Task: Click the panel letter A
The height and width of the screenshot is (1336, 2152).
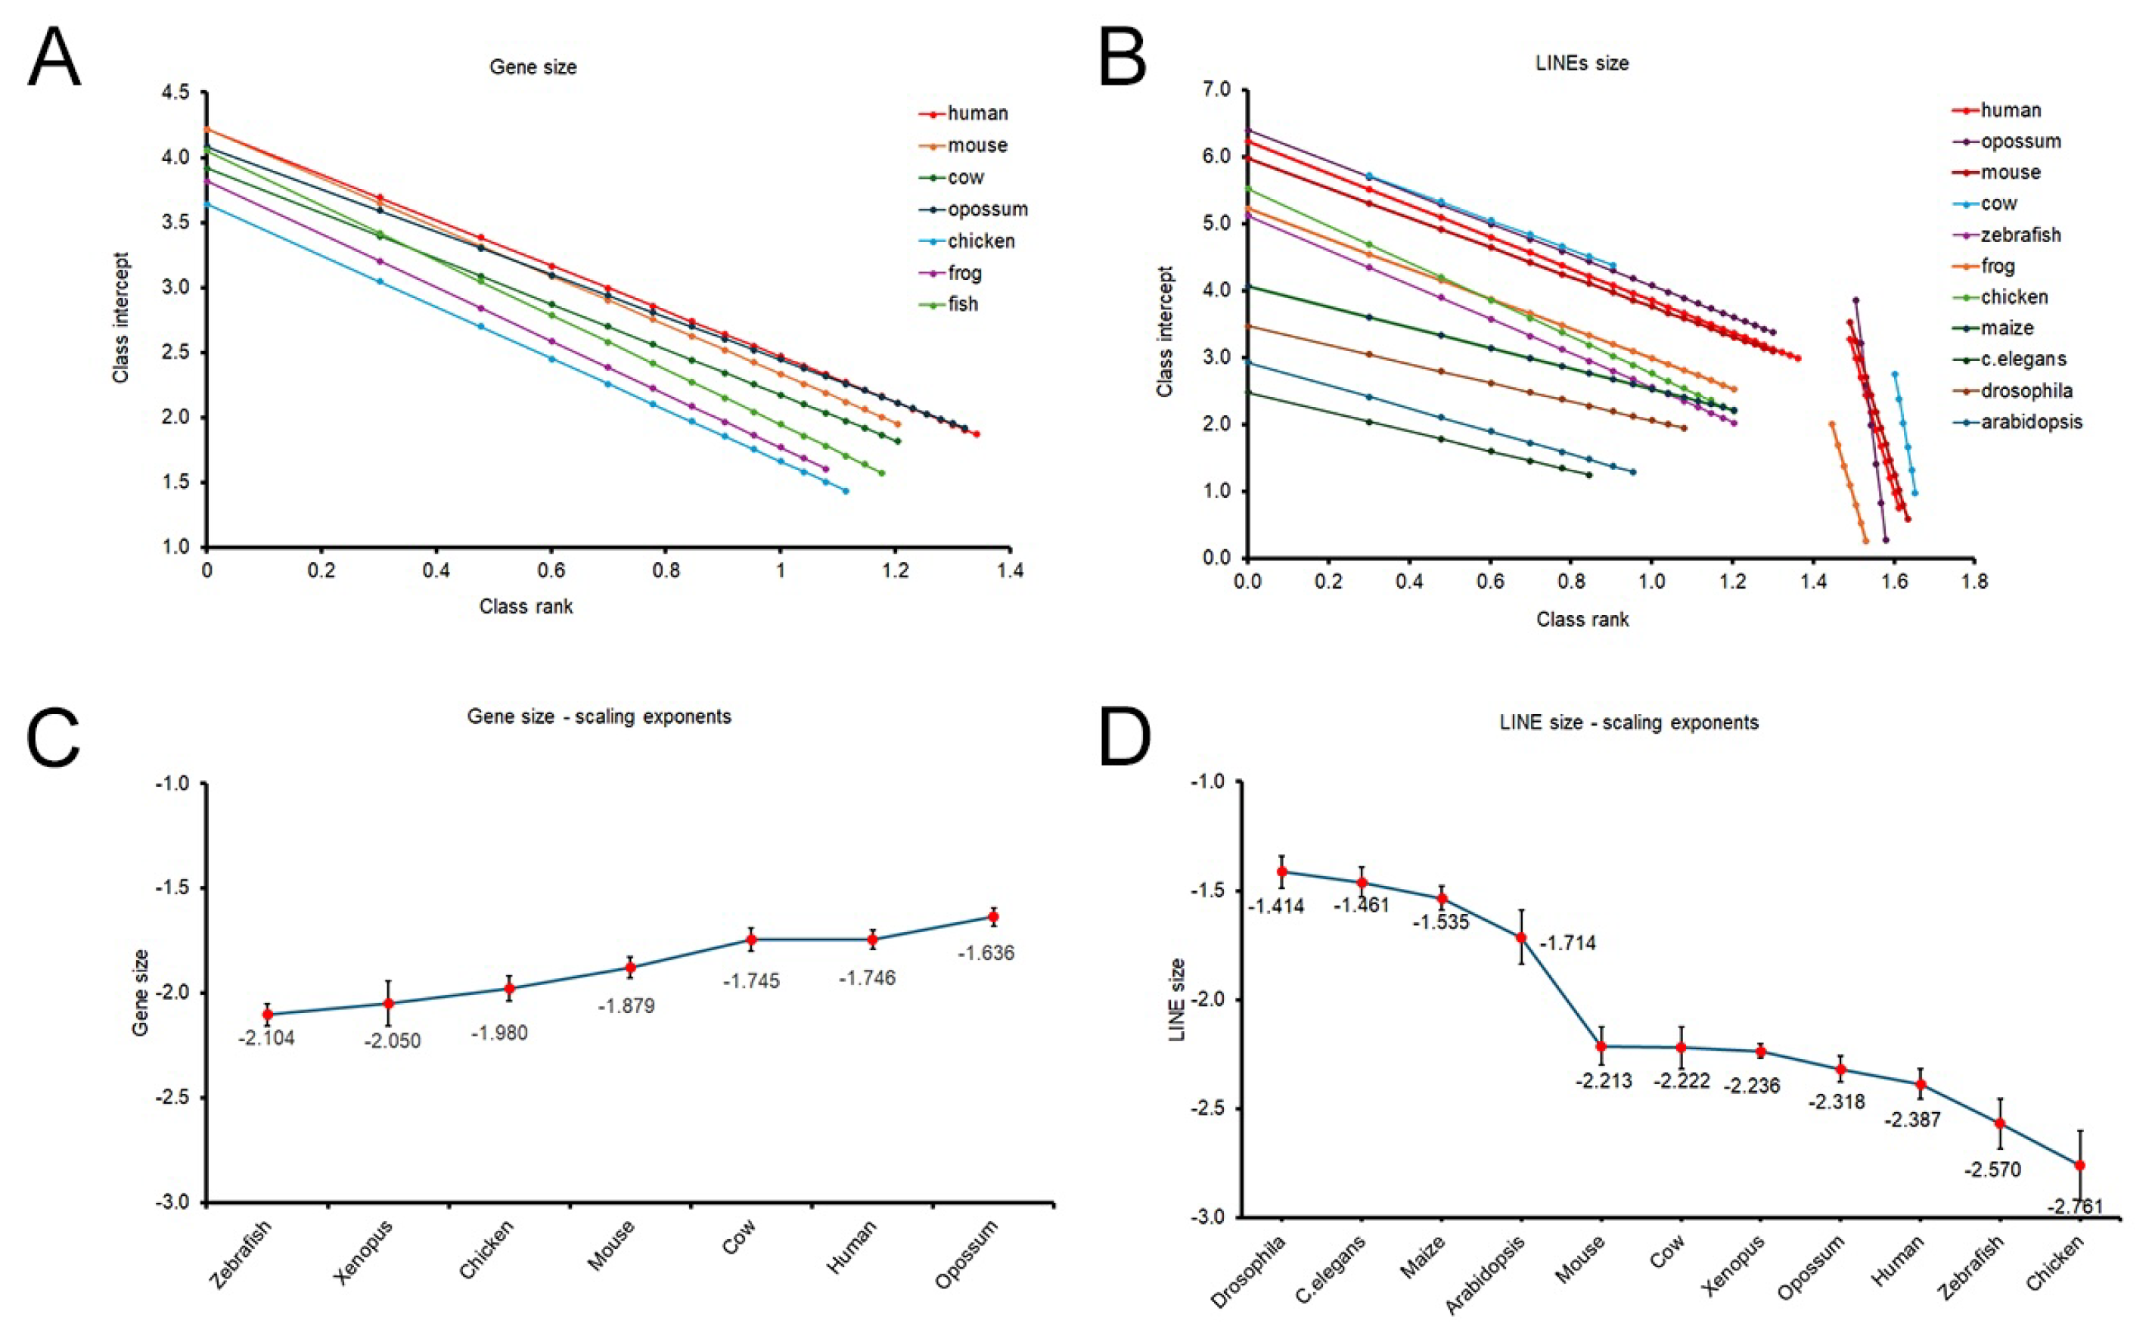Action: click(54, 57)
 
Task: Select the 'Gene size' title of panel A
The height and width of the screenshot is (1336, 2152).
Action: click(533, 67)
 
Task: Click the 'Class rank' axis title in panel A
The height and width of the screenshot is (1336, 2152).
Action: click(526, 606)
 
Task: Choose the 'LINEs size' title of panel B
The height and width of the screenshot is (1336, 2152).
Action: click(1582, 64)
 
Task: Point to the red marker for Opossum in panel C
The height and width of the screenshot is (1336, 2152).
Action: click(993, 916)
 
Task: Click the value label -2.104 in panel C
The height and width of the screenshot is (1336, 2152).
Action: click(266, 1038)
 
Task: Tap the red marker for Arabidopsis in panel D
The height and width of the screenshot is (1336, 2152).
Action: click(1520, 937)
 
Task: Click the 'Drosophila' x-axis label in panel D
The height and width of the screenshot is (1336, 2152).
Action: click(1247, 1272)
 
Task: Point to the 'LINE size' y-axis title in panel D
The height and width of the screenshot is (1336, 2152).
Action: click(1177, 999)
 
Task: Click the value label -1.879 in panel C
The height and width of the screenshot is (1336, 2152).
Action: click(626, 1005)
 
